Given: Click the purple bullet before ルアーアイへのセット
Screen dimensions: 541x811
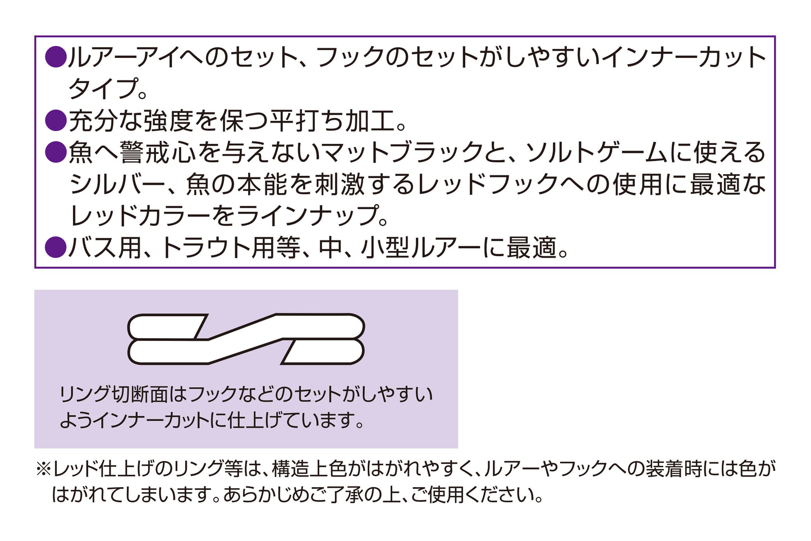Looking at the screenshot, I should (55, 57).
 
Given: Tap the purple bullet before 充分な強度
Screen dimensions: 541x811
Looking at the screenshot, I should (55, 120).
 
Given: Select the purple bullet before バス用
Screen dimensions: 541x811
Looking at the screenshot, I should (55, 247).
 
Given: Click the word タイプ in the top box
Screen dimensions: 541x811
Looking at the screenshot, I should (103, 89).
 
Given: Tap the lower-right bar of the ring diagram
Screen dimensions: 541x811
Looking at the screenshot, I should (323, 352).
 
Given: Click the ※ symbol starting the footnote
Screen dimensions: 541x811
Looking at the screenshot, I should (43, 469).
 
